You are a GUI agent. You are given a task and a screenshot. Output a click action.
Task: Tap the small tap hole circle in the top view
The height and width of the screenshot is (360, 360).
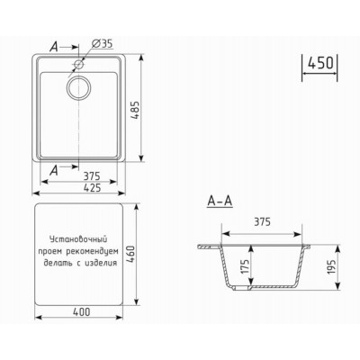81,65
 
